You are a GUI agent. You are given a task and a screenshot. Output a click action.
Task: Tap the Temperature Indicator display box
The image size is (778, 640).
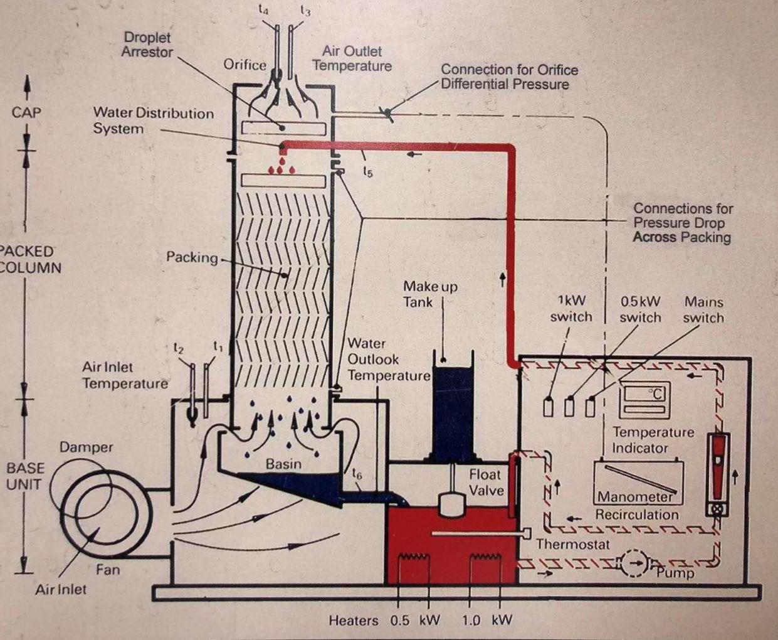tap(644, 400)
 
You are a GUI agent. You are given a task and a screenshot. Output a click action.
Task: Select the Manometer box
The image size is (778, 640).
tap(638, 483)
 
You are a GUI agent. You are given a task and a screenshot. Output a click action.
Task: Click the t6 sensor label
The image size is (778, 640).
tap(357, 474)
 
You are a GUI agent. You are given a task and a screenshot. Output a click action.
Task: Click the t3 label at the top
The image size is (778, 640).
tap(305, 10)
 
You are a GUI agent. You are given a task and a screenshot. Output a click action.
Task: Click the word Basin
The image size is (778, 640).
tap(283, 464)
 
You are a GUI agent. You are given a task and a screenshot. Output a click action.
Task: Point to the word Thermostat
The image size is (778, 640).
tap(572, 544)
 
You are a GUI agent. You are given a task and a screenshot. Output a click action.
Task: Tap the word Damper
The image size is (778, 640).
tap(87, 447)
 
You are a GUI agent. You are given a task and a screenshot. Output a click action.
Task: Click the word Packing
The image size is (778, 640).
tap(192, 257)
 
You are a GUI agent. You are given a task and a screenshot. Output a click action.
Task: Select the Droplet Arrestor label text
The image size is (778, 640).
tap(147, 45)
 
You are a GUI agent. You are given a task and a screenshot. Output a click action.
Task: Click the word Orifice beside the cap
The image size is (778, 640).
tap(245, 65)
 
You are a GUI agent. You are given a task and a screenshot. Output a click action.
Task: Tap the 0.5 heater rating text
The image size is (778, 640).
tap(399, 621)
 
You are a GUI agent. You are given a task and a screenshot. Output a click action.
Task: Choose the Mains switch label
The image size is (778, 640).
tap(703, 309)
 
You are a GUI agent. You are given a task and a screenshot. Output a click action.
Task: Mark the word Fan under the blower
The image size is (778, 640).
tap(108, 570)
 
